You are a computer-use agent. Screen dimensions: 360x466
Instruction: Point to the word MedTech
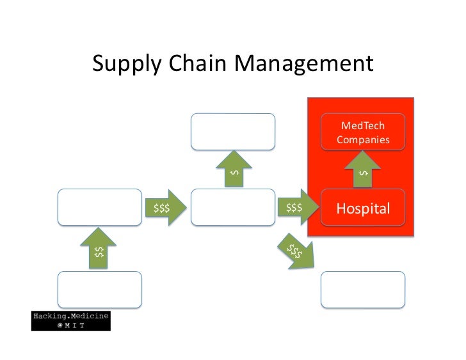pos(363,125)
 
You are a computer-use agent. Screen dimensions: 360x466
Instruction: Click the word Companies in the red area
pos(363,139)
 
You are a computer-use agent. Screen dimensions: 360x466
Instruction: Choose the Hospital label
pos(363,208)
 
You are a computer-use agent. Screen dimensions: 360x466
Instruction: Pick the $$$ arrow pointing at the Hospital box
pos(294,207)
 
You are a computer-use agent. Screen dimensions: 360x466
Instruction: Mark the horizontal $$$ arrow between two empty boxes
pos(166,207)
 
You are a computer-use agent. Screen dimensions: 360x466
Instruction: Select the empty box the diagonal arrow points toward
pos(363,290)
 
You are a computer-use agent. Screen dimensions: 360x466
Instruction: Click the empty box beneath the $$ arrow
pos(99,290)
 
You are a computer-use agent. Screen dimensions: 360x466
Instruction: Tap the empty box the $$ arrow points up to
pos(99,207)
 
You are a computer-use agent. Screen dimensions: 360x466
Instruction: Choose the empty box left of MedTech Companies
pos(233,132)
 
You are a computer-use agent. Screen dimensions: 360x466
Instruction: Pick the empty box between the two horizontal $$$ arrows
pos(233,207)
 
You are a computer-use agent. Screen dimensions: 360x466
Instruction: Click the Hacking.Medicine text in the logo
pos(71,316)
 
